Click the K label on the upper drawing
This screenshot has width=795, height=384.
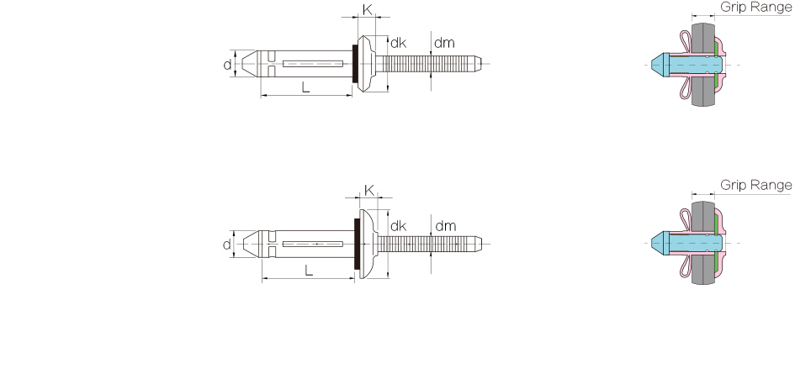367,8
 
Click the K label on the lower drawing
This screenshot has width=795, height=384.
369,191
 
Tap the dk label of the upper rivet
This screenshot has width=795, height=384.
399,43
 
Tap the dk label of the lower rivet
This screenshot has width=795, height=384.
399,226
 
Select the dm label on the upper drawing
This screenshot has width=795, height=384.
444,43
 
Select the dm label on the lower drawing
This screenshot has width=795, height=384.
446,226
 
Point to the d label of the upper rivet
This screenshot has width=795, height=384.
228,65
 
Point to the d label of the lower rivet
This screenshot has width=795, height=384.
226,245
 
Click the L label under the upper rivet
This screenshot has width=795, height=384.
305,87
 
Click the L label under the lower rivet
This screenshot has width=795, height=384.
309,271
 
